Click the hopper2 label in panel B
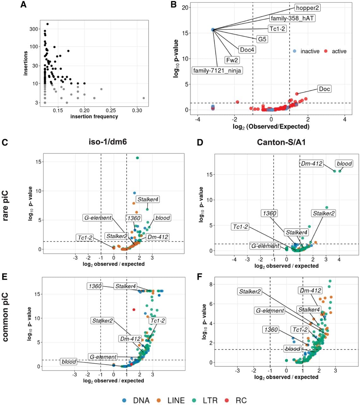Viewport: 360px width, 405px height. pyautogui.click(x=308, y=8)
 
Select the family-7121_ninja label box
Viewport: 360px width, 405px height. pyautogui.click(x=217, y=71)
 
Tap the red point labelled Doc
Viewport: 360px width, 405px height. pyautogui.click(x=297, y=94)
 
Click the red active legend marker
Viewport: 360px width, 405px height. pyautogui.click(x=326, y=51)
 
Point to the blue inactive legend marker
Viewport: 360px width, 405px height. pyautogui.click(x=295, y=51)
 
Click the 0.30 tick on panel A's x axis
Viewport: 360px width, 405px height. pyautogui.click(x=137, y=110)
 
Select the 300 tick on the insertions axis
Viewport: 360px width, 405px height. pyautogui.click(x=34, y=29)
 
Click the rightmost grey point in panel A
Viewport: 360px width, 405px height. pyautogui.click(x=143, y=98)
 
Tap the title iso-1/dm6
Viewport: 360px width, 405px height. pyautogui.click(x=108, y=142)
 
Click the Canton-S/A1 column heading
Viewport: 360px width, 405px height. pyautogui.click(x=281, y=142)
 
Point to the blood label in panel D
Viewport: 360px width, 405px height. pyautogui.click(x=344, y=164)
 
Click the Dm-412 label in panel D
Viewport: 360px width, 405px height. pyautogui.click(x=311, y=164)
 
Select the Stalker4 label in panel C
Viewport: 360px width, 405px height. pyautogui.click(x=148, y=199)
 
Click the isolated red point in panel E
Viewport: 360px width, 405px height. pyautogui.click(x=134, y=310)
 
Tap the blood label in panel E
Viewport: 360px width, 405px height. pyautogui.click(x=69, y=362)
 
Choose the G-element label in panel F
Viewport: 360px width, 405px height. pyautogui.click(x=270, y=310)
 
